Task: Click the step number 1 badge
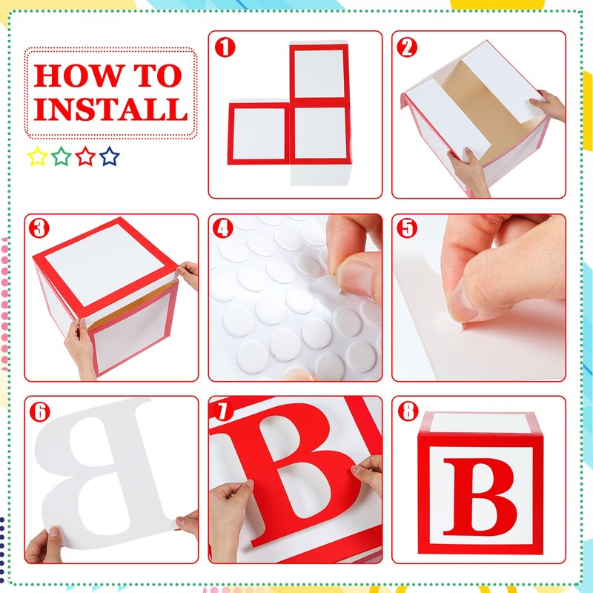225,47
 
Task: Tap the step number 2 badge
407,47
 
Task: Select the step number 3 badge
39,228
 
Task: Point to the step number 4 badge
223,228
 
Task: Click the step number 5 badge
407,228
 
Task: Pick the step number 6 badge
39,411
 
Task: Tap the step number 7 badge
223,411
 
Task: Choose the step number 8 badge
408,411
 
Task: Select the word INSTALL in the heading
110,109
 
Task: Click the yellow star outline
37,156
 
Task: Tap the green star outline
62,156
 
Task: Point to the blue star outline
110,156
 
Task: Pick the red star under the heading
85,156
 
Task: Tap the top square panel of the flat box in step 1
319,72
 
